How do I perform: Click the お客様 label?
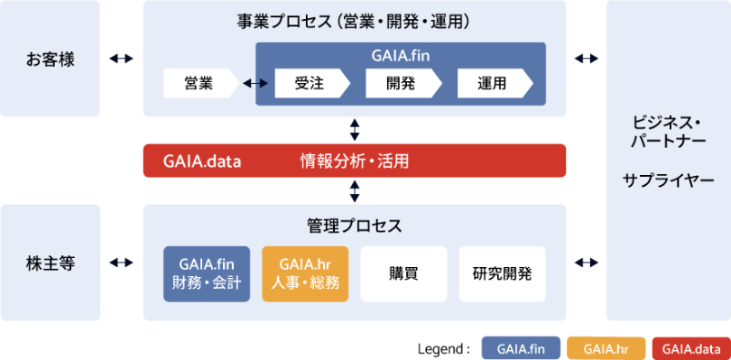[50, 60]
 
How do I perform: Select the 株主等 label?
[50, 263]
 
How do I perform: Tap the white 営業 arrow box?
[201, 84]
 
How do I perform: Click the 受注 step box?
[312, 84]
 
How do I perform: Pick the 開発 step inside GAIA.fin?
[403, 84]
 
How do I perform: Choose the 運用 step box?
[495, 84]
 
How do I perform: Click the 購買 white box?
[403, 273]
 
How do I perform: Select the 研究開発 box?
[502, 273]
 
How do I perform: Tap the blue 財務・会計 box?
[207, 273]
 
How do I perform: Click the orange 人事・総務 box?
[305, 273]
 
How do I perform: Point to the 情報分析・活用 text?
[355, 162]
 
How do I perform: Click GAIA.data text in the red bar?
[202, 162]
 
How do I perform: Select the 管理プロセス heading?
[355, 226]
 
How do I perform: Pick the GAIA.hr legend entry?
[606, 348]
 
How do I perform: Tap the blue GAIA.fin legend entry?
[521, 348]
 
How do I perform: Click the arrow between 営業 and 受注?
[255, 84]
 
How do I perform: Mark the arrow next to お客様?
[121, 59]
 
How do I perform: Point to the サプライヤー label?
[668, 180]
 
